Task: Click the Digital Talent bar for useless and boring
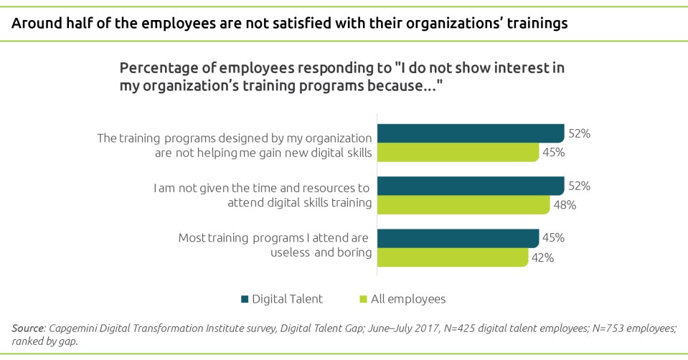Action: coord(458,238)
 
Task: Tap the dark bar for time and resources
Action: coord(471,186)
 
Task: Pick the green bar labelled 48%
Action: coord(463,205)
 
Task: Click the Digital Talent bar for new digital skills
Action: coord(471,133)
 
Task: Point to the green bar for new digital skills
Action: coord(458,153)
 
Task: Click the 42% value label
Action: coord(542,258)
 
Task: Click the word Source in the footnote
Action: coord(28,328)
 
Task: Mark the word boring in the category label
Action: coord(355,252)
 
